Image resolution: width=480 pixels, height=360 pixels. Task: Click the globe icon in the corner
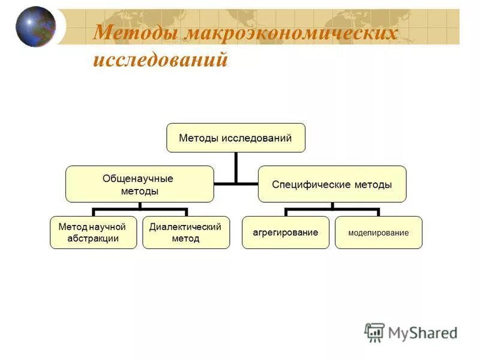tap(35, 26)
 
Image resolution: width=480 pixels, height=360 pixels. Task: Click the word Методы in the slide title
tap(136, 33)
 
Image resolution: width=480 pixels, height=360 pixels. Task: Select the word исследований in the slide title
tap(160, 60)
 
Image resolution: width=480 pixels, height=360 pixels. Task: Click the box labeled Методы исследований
tap(235, 138)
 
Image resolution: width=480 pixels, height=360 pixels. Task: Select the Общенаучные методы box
tap(139, 184)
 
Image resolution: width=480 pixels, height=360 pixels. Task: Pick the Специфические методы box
tap(332, 184)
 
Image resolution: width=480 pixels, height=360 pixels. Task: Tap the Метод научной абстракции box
tap(93, 232)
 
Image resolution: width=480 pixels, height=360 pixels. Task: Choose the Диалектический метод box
tap(185, 232)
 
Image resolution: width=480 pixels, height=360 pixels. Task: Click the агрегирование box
tap(286, 232)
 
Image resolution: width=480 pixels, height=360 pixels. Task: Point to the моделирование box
tap(379, 232)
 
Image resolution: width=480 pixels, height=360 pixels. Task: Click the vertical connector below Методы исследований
tap(236, 166)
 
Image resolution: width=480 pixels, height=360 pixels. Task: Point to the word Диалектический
tap(185, 227)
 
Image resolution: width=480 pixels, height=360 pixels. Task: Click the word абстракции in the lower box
tap(93, 238)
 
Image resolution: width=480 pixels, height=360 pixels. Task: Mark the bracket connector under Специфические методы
tap(332, 210)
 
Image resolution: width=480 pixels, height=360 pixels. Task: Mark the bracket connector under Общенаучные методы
tap(139, 210)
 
